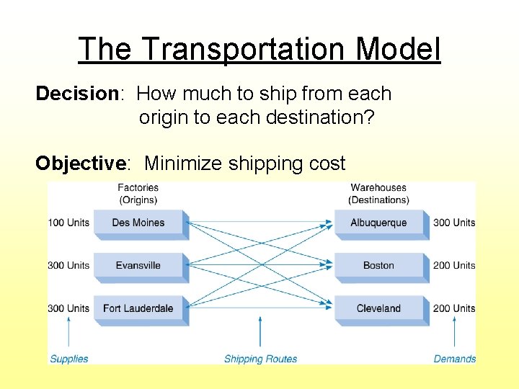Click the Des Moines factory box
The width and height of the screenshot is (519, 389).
[x=138, y=223]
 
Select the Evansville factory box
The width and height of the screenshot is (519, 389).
[x=138, y=265]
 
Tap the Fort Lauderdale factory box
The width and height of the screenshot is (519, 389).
[x=138, y=308]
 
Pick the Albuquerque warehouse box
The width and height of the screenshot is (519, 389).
[x=378, y=223]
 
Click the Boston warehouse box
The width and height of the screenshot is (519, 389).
[x=378, y=265]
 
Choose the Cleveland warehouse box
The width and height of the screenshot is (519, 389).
[x=378, y=308]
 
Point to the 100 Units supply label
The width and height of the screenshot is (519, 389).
[x=68, y=223]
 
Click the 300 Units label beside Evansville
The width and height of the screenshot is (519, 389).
[x=68, y=265]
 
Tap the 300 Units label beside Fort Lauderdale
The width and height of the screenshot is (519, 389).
[x=68, y=308]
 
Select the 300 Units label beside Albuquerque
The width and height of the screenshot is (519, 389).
[x=454, y=223]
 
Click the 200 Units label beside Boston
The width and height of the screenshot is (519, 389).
[x=454, y=265]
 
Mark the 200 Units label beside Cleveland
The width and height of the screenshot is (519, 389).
[x=454, y=308]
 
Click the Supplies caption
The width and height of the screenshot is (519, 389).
[x=69, y=359]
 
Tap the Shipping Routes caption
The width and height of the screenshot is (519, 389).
[x=260, y=359]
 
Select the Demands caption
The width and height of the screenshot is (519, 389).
[x=455, y=359]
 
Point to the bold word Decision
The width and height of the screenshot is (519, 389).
[x=76, y=94]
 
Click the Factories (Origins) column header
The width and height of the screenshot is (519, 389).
[x=138, y=194]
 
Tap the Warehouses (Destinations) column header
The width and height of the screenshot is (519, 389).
[x=378, y=194]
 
